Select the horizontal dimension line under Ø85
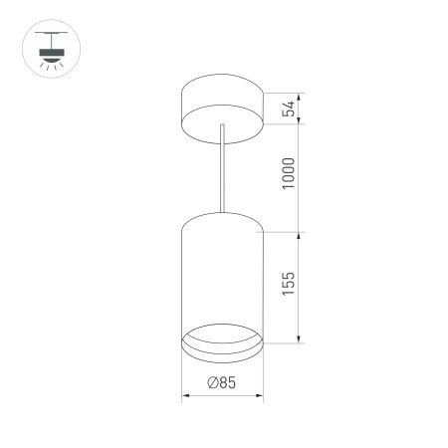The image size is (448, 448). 221,395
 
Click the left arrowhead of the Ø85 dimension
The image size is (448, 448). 185,395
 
